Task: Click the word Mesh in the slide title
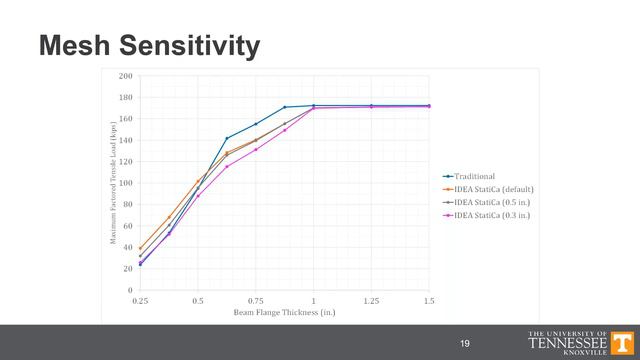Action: coord(76,45)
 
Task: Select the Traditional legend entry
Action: coord(477,176)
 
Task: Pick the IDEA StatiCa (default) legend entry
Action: coord(492,189)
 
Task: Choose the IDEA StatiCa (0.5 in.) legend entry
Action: coord(491,202)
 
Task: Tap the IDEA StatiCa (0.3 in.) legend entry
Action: coord(491,215)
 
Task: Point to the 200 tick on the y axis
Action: coord(126,76)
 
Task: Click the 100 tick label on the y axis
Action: coord(126,183)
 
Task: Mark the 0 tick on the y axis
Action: coord(130,290)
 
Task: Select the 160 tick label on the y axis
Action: coord(126,119)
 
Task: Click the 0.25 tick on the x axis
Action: coord(140,300)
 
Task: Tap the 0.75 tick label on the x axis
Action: coord(256,300)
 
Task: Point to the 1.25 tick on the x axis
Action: coord(371,300)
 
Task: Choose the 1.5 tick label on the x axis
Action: coord(429,300)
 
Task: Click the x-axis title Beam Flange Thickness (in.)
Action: coord(284,313)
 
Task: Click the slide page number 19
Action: coord(464,344)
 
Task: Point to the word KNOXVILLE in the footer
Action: coord(587,353)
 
